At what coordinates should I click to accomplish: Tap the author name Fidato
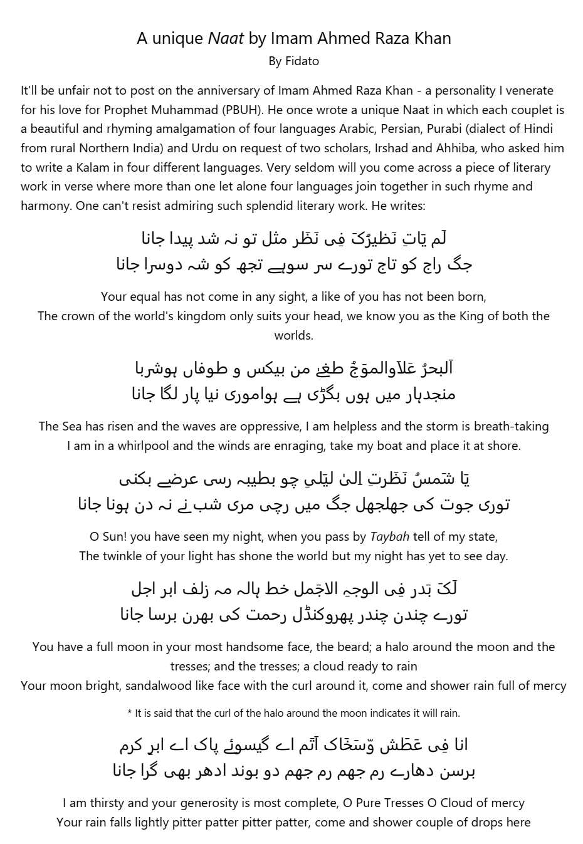pyautogui.click(x=302, y=61)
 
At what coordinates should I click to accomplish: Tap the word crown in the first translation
pyautogui.click(x=78, y=316)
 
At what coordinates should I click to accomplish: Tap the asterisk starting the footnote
pyautogui.click(x=130, y=714)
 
